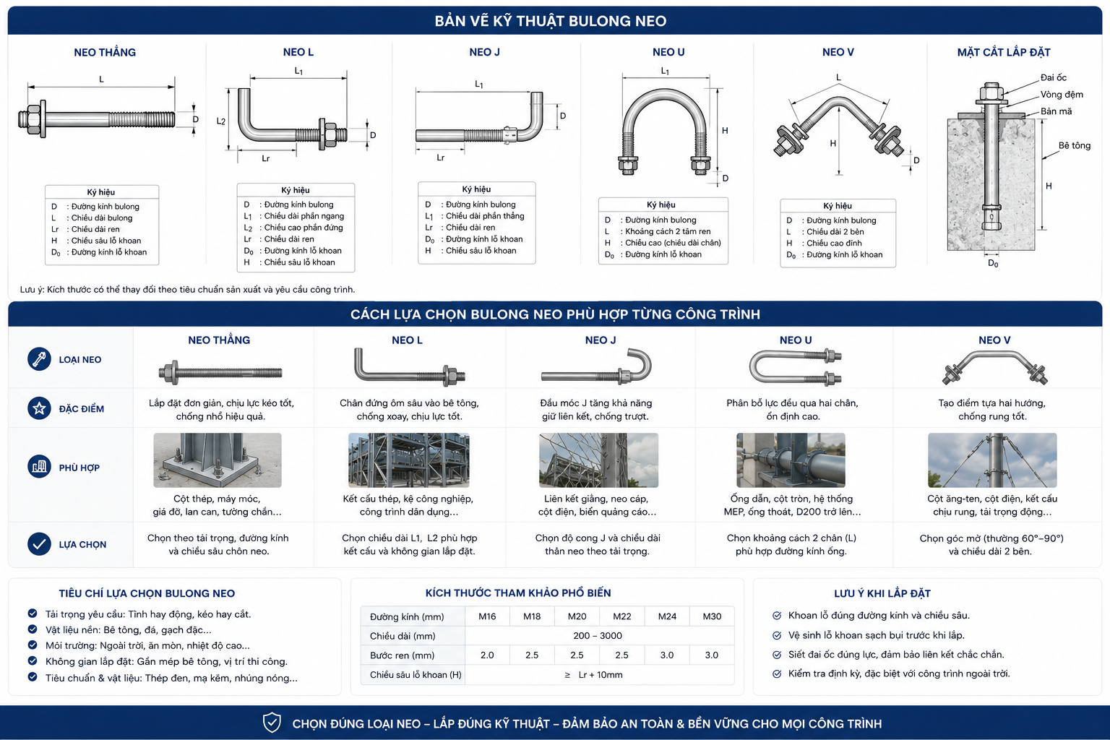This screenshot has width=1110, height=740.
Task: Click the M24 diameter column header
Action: click(667, 616)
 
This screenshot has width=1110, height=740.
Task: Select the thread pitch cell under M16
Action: click(487, 655)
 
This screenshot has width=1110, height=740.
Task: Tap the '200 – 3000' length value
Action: click(597, 635)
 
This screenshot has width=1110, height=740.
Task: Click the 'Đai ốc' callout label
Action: click(1053, 77)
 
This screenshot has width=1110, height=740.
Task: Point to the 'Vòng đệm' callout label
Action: click(1062, 94)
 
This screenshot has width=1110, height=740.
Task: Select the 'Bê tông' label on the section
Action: click(1075, 145)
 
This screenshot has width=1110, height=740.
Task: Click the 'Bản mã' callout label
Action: click(1056, 111)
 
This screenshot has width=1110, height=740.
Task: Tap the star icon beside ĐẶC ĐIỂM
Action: click(39, 408)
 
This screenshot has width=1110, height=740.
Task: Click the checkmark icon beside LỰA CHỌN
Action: click(39, 543)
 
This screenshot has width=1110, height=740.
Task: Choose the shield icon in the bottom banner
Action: click(272, 723)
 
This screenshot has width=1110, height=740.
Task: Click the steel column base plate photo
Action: click(217, 460)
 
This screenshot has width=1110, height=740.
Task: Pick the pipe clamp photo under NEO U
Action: click(791, 460)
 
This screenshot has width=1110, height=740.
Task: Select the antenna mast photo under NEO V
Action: click(992, 460)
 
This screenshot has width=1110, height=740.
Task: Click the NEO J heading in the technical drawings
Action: click(484, 52)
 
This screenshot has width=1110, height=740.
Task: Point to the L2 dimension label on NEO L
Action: click(221, 121)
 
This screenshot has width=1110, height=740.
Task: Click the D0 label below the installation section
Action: click(993, 263)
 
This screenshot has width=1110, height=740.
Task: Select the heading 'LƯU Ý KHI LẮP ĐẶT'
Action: click(882, 593)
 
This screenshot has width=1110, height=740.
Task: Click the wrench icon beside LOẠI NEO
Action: click(39, 358)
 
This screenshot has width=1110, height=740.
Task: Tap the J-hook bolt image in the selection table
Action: click(596, 368)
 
